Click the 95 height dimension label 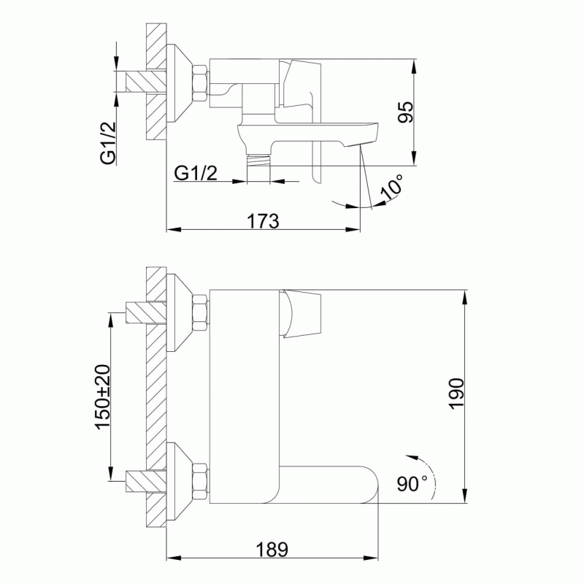pos(406,112)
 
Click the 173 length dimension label pos(263,221)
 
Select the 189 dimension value pos(272,550)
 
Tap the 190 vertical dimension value pos(457,393)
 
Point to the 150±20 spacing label pos(103,397)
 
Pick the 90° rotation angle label pos(412,483)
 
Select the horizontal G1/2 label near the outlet pos(196,173)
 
